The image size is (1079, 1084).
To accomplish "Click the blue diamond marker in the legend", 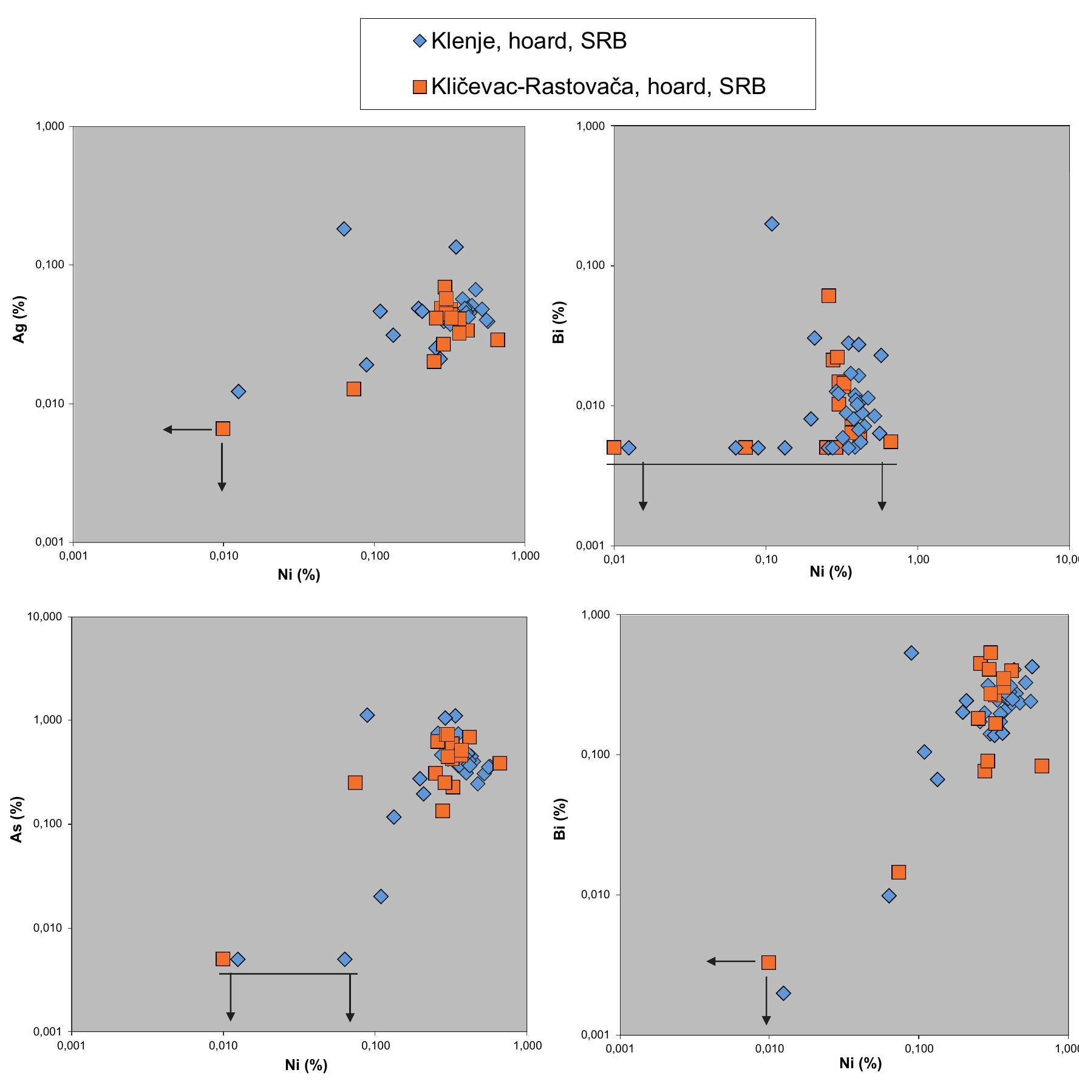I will point(420,41).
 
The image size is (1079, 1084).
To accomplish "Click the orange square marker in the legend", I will point(420,87).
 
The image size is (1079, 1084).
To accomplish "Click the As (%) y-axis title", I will point(18,819).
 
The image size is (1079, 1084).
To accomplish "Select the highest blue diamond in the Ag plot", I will point(344,229).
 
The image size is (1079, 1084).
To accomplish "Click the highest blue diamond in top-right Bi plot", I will point(772,224).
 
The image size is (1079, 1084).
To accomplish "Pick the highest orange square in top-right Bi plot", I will point(829,296).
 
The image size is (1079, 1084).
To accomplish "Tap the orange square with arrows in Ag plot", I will point(223,429).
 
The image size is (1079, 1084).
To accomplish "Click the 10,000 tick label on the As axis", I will point(44,617).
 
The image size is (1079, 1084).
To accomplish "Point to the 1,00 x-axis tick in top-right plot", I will point(917,560).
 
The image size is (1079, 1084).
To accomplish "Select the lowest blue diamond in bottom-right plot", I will point(783,994).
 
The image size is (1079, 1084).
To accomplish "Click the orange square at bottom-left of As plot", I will point(223,959).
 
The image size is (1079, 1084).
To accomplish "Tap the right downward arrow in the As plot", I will point(350,1000).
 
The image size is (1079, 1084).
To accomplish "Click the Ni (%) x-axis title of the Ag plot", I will point(299,575).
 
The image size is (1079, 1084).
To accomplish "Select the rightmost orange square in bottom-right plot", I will point(1042,766).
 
